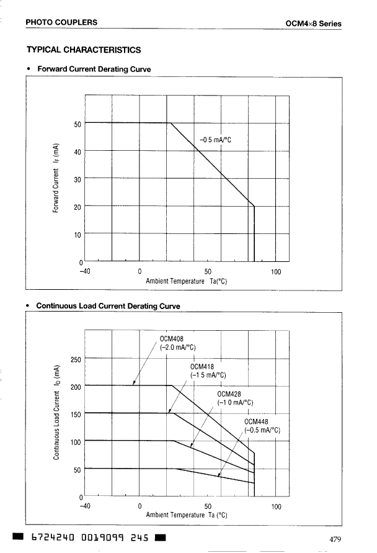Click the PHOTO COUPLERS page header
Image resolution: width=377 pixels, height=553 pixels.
click(x=61, y=22)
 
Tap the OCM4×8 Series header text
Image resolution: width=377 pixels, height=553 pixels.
click(x=313, y=24)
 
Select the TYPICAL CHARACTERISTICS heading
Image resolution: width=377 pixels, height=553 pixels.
click(x=83, y=50)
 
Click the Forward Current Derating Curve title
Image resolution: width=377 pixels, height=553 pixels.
click(x=94, y=69)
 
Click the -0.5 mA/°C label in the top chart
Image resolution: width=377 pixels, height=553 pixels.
click(x=215, y=140)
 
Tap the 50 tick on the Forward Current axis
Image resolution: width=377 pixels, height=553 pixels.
click(x=78, y=124)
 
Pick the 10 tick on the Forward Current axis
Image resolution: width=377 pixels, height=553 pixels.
click(x=78, y=235)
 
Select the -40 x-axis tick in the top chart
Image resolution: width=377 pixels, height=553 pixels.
click(x=85, y=271)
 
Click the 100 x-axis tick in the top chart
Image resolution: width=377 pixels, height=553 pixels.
click(x=276, y=271)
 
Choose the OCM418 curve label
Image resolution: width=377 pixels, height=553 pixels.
click(x=202, y=366)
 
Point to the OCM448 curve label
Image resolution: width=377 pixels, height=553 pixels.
click(x=256, y=421)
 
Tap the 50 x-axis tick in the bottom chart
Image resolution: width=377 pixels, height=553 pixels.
click(x=208, y=506)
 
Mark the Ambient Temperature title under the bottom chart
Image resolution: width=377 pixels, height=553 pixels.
click(x=186, y=515)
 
